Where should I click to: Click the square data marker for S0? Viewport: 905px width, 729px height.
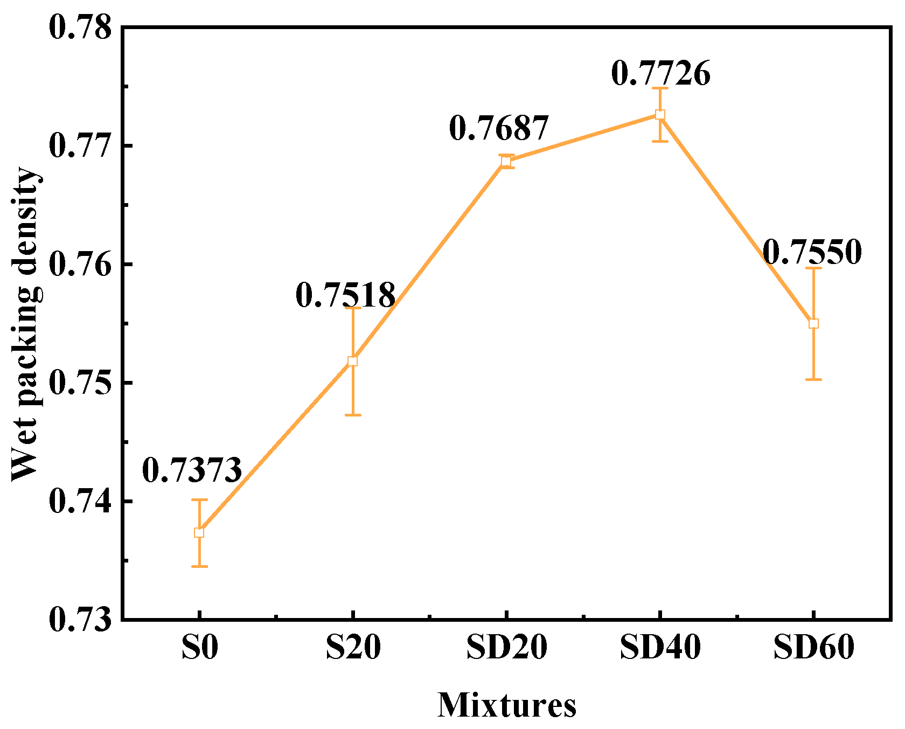(x=199, y=532)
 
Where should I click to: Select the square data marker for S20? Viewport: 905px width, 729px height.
(x=352, y=361)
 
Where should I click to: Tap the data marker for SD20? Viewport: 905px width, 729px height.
(x=506, y=161)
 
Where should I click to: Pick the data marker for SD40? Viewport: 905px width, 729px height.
(x=660, y=115)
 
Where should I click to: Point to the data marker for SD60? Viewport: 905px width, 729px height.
(x=813, y=323)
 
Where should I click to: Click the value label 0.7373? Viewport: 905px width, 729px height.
(x=192, y=470)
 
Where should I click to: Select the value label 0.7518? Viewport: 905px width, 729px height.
(x=345, y=295)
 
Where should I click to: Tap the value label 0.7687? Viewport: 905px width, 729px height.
(x=499, y=128)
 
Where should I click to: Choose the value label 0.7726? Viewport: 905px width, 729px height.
(x=661, y=73)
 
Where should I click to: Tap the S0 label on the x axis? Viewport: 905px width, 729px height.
(x=199, y=647)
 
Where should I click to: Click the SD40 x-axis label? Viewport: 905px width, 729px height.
(x=660, y=647)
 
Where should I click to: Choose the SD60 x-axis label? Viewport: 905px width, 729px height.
(x=814, y=647)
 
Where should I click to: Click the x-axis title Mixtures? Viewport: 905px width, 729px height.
(x=507, y=705)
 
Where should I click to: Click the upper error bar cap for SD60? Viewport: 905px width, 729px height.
(x=813, y=268)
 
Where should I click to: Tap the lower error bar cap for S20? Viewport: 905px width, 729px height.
(x=352, y=415)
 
